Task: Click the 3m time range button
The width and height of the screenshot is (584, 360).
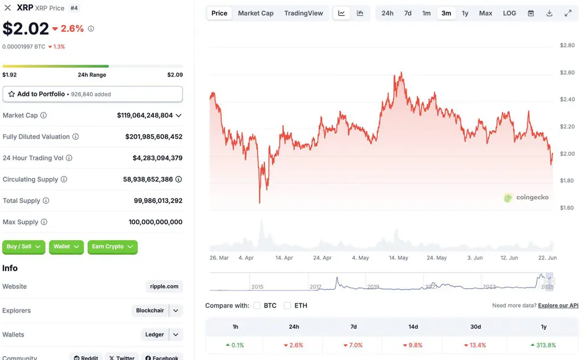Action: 446,13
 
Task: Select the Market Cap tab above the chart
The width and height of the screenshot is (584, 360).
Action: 255,13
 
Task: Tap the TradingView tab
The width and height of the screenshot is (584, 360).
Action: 303,13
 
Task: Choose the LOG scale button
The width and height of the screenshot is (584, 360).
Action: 509,13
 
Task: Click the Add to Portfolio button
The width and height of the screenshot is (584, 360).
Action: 92,94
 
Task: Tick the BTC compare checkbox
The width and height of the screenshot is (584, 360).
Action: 257,306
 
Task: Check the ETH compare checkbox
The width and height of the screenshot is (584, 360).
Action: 287,306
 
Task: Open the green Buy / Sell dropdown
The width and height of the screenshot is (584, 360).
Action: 24,246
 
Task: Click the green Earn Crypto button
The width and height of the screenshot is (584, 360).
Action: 112,246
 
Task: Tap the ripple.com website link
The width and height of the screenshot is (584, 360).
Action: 164,286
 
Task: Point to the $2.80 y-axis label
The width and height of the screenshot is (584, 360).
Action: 567,45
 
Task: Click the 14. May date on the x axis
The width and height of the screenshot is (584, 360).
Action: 399,258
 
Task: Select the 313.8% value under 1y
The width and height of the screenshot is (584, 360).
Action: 543,345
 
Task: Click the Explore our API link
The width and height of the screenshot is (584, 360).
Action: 558,306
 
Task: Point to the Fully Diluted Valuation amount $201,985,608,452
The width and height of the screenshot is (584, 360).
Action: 153,137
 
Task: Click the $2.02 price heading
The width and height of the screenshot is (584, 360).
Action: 26,29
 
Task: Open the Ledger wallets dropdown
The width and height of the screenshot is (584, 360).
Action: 161,335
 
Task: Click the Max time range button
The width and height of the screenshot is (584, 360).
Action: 485,13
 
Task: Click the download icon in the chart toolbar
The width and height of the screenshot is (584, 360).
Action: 549,13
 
